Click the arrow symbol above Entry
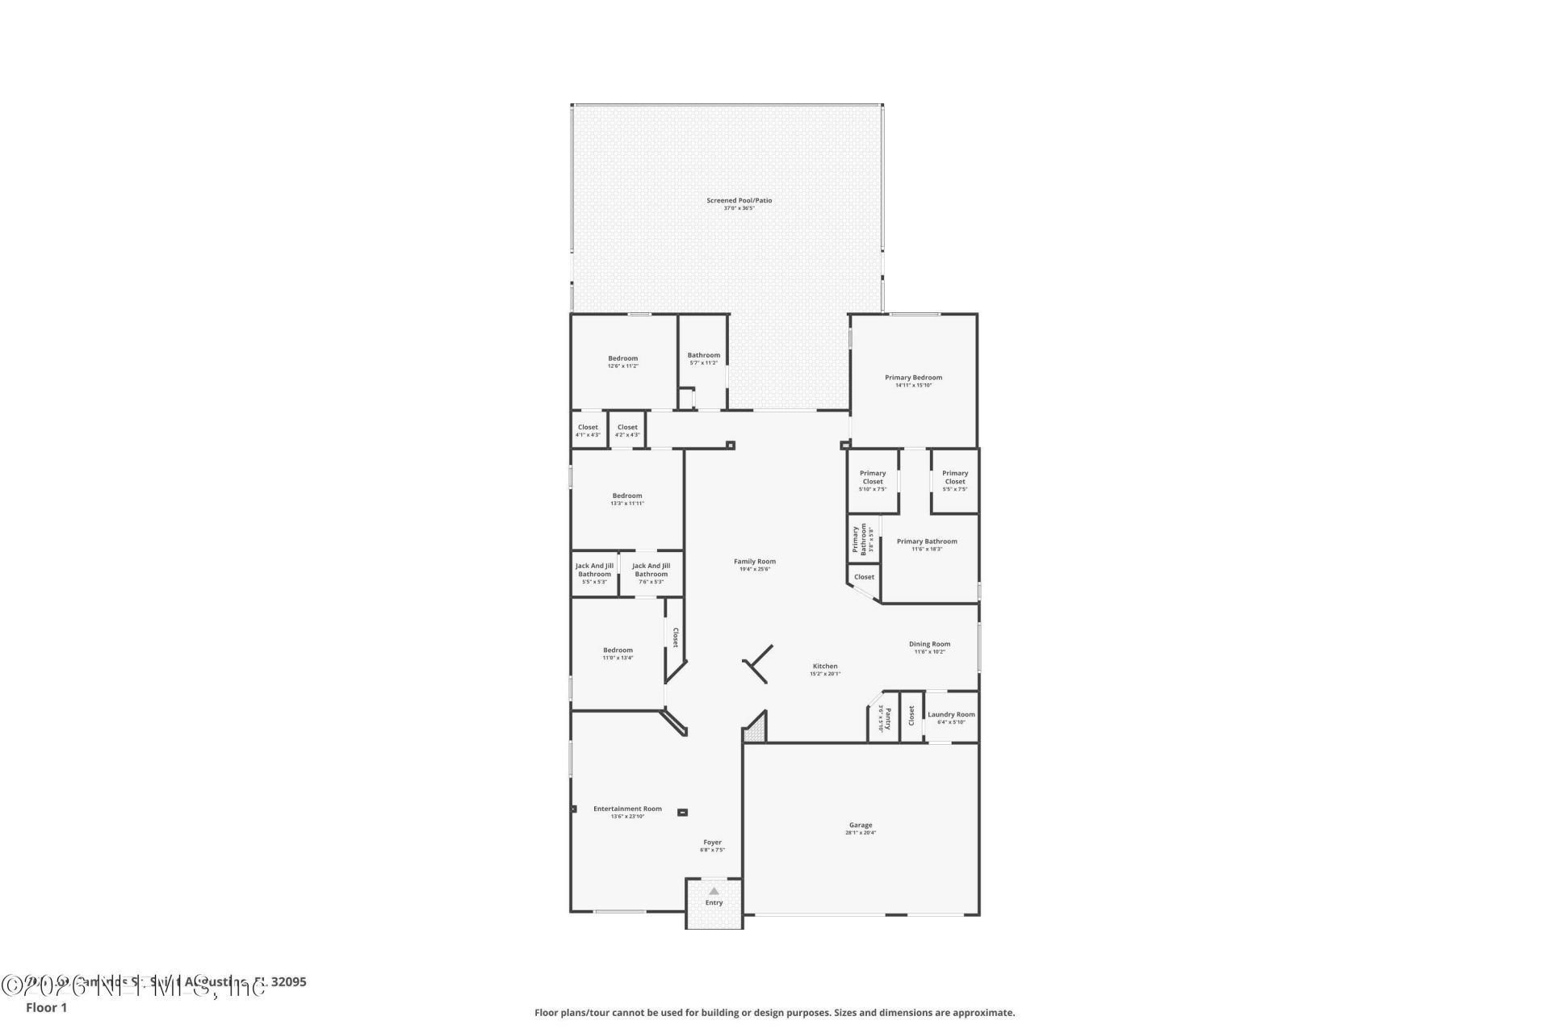point(714,891)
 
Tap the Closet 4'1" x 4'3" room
point(588,430)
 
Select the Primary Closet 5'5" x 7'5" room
point(955,480)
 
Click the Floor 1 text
point(46,1007)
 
